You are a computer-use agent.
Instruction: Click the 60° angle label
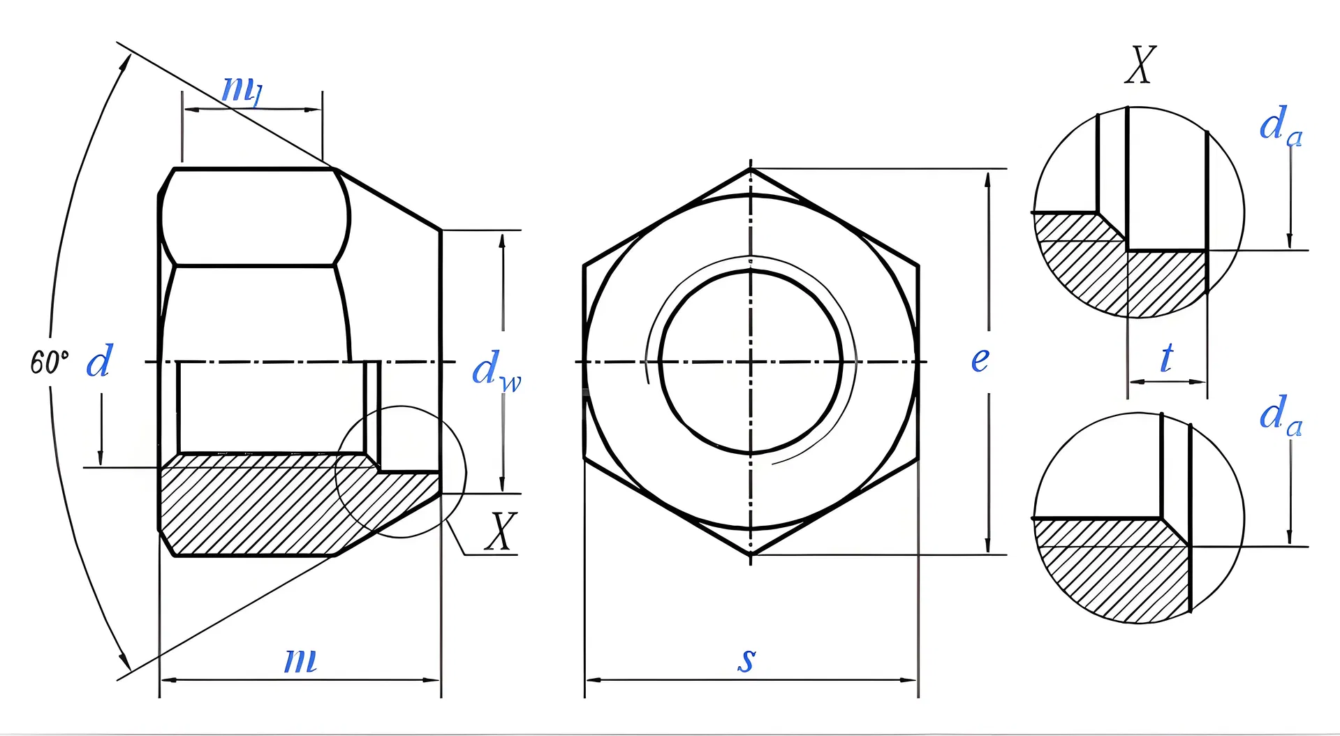[x=49, y=362]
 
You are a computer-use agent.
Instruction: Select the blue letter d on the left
[x=99, y=362]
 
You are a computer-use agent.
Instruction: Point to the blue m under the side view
[x=300, y=660]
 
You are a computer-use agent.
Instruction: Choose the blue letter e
[x=980, y=360]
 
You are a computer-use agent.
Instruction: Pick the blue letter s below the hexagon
[x=746, y=659]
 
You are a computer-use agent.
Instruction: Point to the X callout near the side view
[x=501, y=532]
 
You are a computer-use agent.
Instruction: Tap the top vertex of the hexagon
[x=751, y=168]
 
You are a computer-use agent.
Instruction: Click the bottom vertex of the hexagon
[x=751, y=555]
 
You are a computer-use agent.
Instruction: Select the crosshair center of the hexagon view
[x=751, y=362]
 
